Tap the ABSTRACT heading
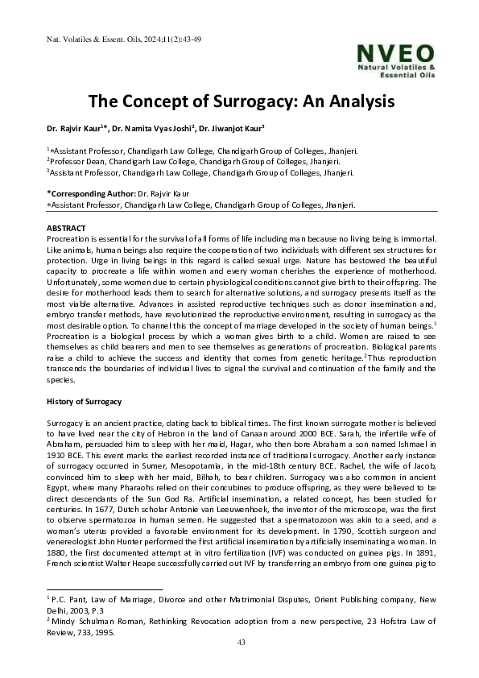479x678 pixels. click(66, 228)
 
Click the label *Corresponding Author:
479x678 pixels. click(91, 194)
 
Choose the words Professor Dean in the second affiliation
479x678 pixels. click(77, 161)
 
